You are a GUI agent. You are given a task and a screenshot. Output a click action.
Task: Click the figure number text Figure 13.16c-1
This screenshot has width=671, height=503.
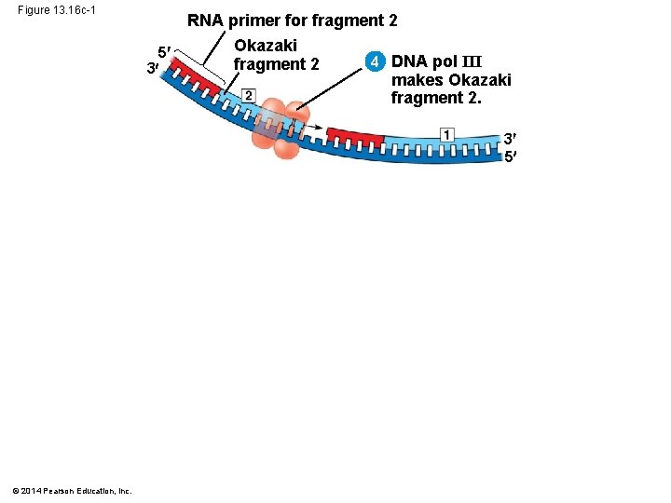click(57, 10)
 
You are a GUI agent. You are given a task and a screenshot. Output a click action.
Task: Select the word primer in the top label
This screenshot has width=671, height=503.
click(265, 21)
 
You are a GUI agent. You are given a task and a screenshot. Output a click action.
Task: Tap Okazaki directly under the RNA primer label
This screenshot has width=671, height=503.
click(266, 45)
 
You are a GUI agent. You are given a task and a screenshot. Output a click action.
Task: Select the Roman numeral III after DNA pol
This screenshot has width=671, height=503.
click(474, 61)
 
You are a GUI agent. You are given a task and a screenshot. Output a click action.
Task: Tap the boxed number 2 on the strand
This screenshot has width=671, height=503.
click(248, 95)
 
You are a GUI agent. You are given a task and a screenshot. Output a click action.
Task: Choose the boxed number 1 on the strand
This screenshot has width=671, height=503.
click(447, 135)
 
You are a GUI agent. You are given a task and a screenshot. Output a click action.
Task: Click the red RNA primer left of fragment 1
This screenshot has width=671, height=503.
click(355, 137)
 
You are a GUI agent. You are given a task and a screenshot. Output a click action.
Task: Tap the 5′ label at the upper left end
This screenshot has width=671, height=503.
click(163, 51)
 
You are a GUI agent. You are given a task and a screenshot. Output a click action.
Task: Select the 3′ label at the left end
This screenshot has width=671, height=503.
click(152, 68)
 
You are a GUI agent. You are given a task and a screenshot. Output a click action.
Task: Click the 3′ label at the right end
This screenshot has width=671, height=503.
click(510, 139)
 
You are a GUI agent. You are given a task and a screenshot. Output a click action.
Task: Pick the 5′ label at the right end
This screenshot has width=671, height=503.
click(510, 156)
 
